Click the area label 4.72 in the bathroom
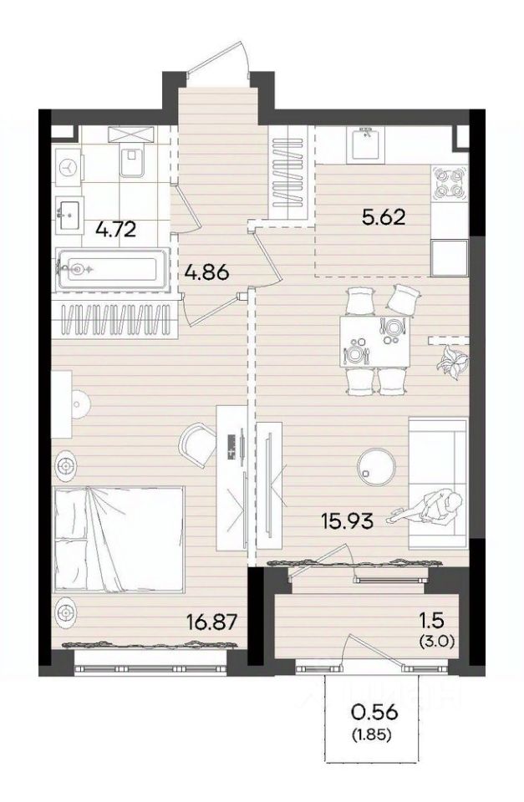pos(116,229)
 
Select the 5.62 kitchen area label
pos(384,217)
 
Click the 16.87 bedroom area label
pos(213,623)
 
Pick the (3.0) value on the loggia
pos(437,641)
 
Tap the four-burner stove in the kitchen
pos(449,184)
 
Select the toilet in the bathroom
pos(132,158)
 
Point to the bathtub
pos(113,269)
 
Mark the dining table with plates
pos(375,341)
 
